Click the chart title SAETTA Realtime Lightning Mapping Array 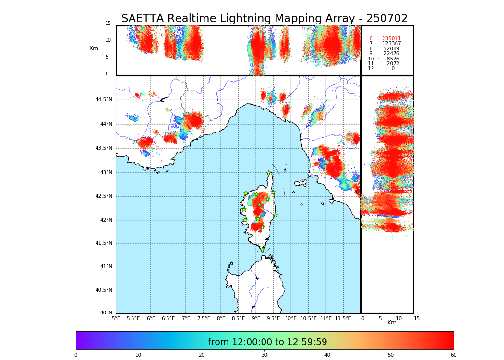tap(264, 19)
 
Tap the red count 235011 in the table tap(391, 39)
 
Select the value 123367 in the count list tap(391, 44)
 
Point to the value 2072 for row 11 tap(393, 64)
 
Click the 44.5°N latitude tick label tap(104, 100)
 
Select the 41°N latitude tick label tap(106, 267)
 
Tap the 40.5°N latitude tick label tap(104, 290)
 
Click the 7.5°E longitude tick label tap(204, 318)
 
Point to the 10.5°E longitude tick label tap(309, 318)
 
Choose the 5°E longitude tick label tap(116, 318)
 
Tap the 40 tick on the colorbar tap(327, 355)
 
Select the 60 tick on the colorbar tap(453, 355)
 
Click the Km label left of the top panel tap(94, 48)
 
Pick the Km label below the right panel tap(392, 323)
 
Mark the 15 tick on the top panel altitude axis tap(108, 24)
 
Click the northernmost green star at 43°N tap(269, 173)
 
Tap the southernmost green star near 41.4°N tap(262, 250)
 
